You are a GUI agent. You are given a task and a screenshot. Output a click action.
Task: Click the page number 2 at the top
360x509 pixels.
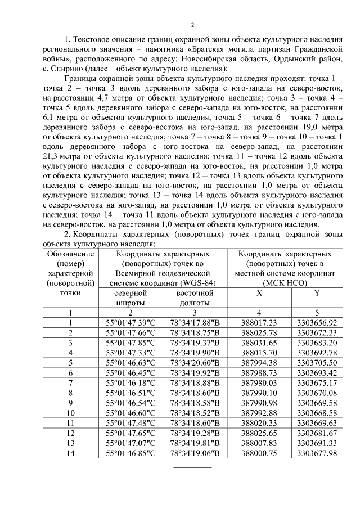[x=192, y=25]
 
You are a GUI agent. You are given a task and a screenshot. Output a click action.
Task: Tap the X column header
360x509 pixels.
[x=259, y=293]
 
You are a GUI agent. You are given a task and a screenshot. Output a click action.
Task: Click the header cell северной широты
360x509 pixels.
[x=130, y=298]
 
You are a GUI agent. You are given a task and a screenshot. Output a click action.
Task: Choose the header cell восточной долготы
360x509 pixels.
[x=195, y=298]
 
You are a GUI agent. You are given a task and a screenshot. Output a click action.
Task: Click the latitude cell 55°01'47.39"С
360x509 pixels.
[x=130, y=322]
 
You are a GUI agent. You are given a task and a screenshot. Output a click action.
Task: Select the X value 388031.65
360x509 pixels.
[x=259, y=342]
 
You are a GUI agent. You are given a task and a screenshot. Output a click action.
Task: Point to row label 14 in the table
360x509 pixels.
[x=71, y=453]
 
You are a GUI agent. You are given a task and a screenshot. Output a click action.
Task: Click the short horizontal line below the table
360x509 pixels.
[x=192, y=467]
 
